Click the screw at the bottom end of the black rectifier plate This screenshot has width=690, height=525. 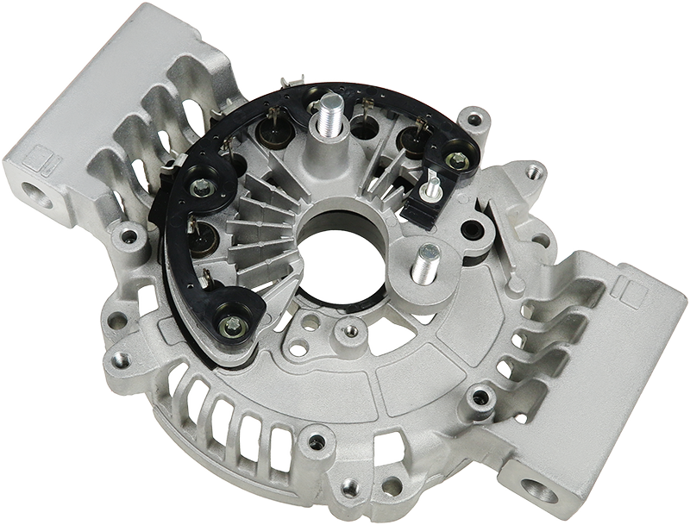coord(230,325)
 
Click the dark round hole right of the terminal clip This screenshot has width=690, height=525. coord(472,230)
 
